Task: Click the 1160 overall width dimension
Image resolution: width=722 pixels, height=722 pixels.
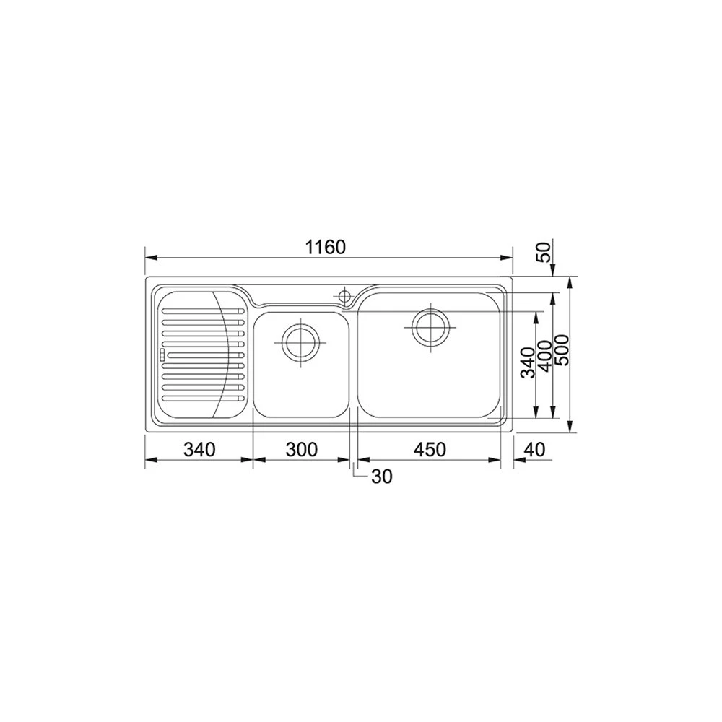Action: click(x=325, y=247)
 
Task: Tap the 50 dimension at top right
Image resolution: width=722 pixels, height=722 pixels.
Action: click(x=546, y=252)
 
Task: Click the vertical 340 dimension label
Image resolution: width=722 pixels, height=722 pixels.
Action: click(x=528, y=362)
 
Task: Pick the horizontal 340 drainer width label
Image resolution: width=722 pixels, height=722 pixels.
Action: click(x=199, y=450)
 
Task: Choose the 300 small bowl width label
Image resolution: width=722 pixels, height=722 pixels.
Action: click(x=301, y=450)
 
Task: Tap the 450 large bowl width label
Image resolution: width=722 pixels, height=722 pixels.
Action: click(x=430, y=450)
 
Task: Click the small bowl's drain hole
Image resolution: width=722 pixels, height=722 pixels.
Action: click(x=300, y=342)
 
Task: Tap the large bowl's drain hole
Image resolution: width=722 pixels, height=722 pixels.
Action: click(x=430, y=326)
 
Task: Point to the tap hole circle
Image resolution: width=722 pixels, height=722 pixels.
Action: click(x=345, y=295)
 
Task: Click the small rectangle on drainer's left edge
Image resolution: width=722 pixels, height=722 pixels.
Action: click(x=162, y=354)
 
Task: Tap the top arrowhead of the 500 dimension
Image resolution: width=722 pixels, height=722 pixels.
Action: click(x=571, y=279)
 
